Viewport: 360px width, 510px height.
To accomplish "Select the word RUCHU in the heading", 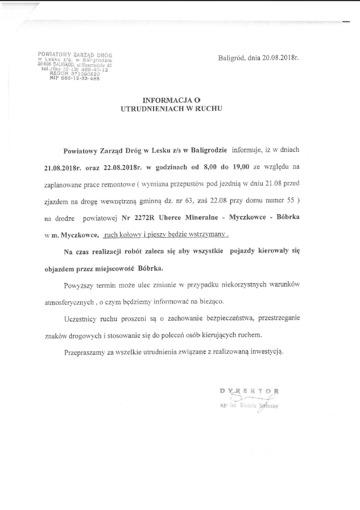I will (x=208, y=107).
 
